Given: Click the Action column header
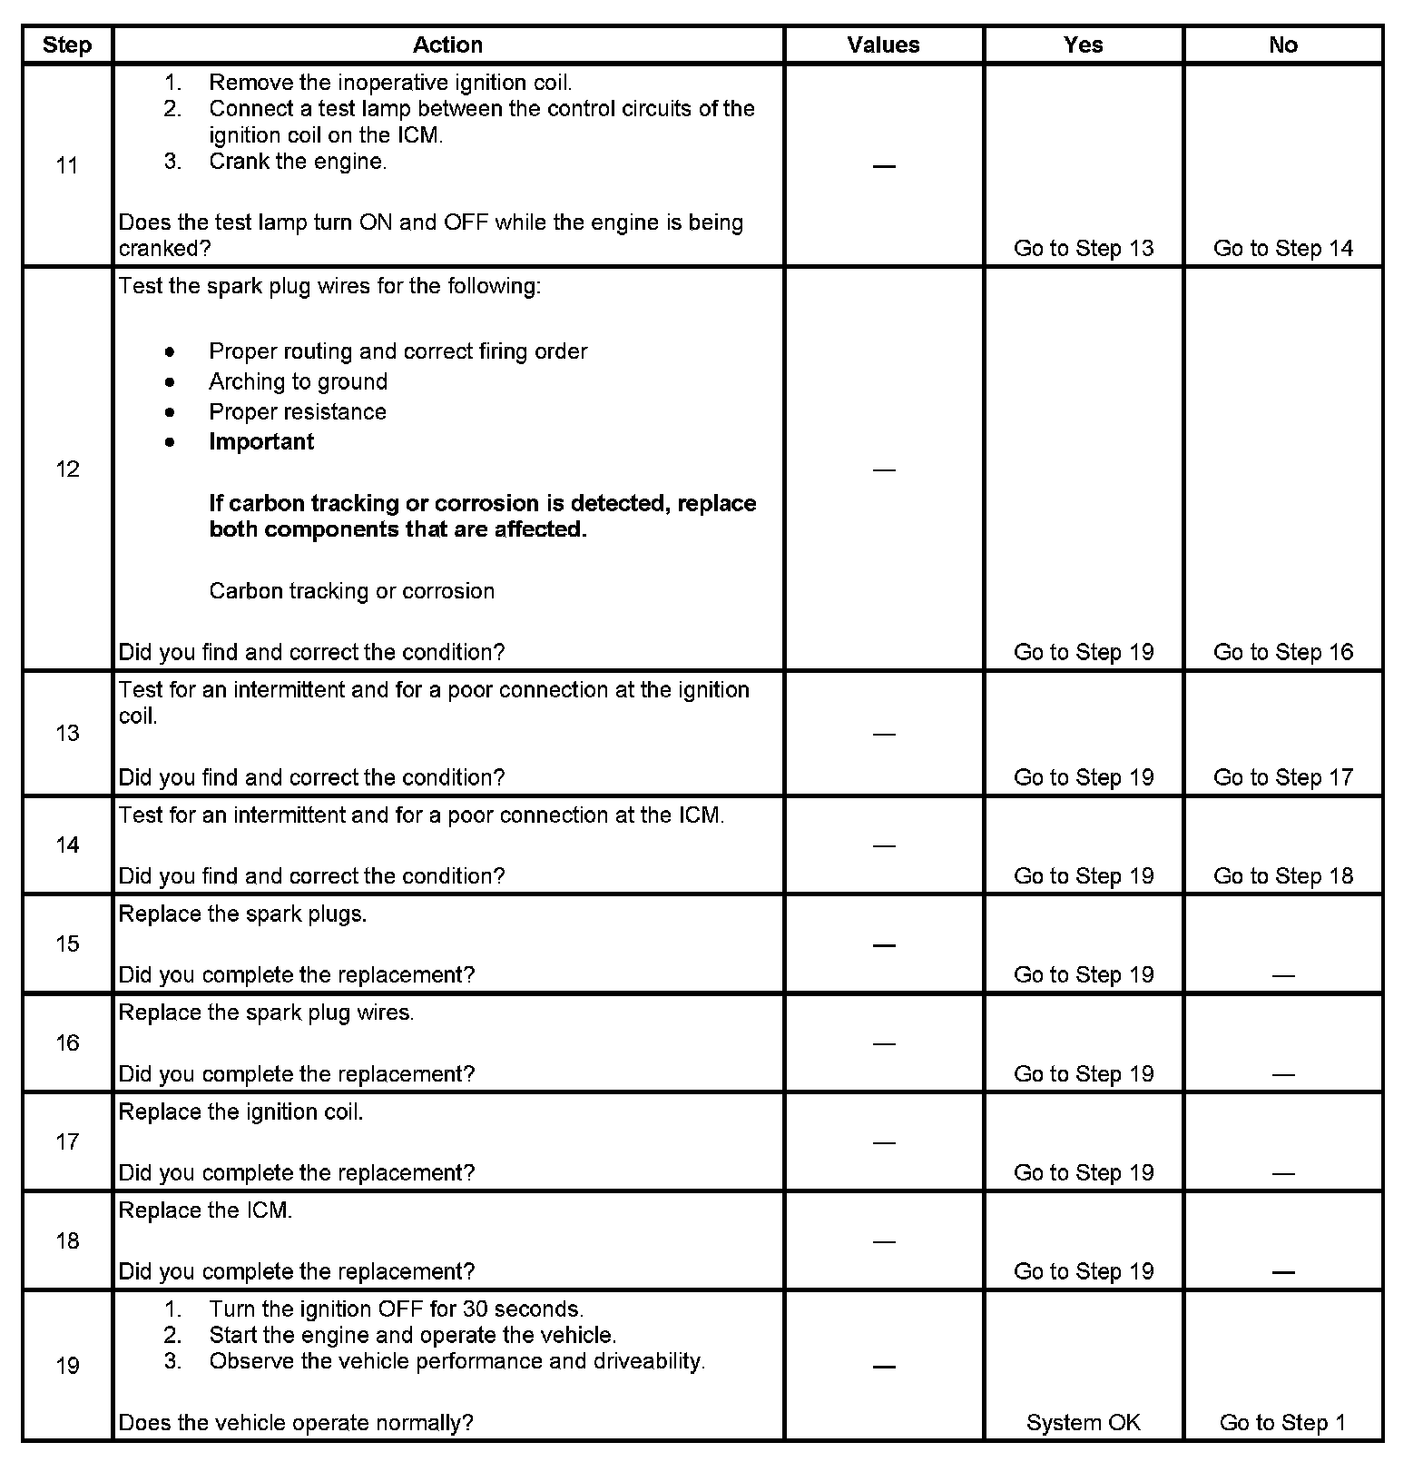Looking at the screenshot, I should pyautogui.click(x=447, y=45).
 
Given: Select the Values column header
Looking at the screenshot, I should pyautogui.click(x=883, y=45).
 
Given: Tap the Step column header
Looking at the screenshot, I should pyautogui.click(x=67, y=45).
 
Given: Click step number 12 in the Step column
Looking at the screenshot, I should pyautogui.click(x=67, y=469).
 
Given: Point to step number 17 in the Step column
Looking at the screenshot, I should pyautogui.click(x=67, y=1142).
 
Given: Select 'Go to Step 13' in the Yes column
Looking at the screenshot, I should pyautogui.click(x=1083, y=249).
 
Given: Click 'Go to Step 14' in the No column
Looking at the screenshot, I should pyautogui.click(x=1282, y=249).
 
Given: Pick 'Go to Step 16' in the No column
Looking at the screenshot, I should pyautogui.click(x=1282, y=652).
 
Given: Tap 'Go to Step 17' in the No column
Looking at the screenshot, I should pyautogui.click(x=1282, y=777).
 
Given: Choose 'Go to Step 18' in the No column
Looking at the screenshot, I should pyautogui.click(x=1282, y=876).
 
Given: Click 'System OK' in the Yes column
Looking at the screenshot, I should pyautogui.click(x=1083, y=1423).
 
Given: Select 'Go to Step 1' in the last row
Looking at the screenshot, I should pyautogui.click(x=1282, y=1423).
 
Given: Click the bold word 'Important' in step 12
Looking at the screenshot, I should pyautogui.click(x=261, y=442).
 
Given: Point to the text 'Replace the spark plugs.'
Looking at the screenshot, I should pyautogui.click(x=242, y=914).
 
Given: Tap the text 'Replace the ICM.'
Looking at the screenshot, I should pyautogui.click(x=205, y=1211).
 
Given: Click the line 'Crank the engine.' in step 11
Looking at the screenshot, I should pyautogui.click(x=298, y=162).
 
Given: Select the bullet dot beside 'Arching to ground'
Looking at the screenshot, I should pyautogui.click(x=170, y=382).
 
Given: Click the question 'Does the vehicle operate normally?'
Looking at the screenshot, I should pyautogui.click(x=296, y=1423).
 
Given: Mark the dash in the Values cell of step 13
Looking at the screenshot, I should pyautogui.click(x=883, y=734).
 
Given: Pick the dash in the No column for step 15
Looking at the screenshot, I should pyautogui.click(x=1282, y=976).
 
